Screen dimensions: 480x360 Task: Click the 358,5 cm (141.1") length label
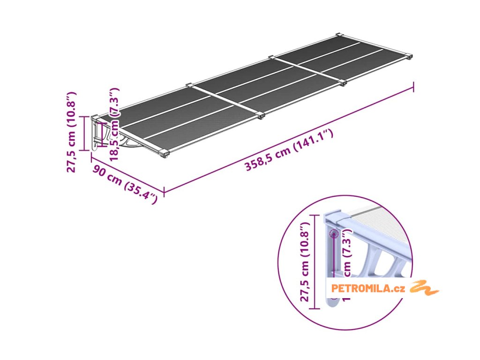(289, 150)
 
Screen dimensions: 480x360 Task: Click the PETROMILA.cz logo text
(367, 288)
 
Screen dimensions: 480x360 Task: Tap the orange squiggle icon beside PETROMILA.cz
(424, 287)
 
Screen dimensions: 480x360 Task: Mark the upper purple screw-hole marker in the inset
(334, 233)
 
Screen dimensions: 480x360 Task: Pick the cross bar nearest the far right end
(307, 70)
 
